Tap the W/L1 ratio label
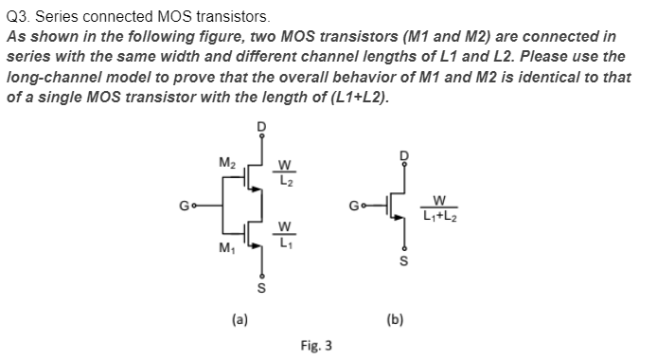tap(286, 233)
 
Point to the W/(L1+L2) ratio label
tap(439, 206)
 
